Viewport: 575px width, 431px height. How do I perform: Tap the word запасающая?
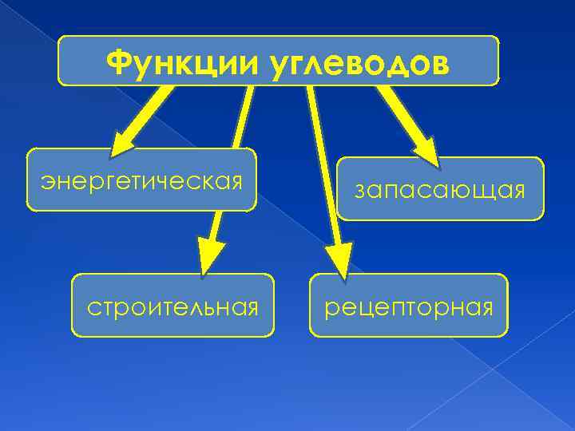coord(440,190)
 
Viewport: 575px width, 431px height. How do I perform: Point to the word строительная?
coord(173,306)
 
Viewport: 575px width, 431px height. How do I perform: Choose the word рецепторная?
coord(408,306)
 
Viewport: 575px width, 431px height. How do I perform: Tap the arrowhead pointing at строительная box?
coord(211,255)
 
